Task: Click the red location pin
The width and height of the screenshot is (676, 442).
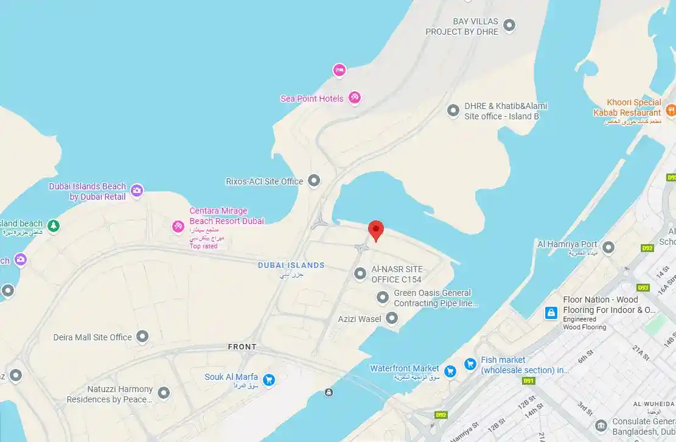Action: coord(377,230)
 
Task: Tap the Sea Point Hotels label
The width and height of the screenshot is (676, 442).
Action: coord(312,99)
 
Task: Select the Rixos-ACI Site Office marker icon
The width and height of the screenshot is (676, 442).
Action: coord(314,180)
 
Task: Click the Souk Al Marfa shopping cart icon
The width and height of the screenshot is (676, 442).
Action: coord(269,380)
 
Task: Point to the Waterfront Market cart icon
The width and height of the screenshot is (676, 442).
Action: coord(450,371)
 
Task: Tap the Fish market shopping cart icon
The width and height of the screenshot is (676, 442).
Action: coord(470,364)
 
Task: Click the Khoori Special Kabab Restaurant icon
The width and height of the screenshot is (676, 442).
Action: coord(671,110)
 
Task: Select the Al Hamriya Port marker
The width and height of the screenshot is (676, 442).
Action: coord(608,247)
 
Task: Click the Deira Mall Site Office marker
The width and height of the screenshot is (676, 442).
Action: coord(142,336)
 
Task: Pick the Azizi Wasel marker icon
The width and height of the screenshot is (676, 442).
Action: coord(392,318)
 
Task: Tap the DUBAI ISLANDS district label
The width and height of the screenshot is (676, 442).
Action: coord(291,265)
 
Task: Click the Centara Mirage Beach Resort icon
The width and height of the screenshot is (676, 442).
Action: coord(178,227)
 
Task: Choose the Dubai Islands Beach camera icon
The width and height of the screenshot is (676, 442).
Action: coord(137,191)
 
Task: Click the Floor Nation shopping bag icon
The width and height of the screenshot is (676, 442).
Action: coord(551,313)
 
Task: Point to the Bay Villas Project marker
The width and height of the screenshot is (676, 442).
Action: coord(510,25)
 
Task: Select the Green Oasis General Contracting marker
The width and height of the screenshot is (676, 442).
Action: coord(383,297)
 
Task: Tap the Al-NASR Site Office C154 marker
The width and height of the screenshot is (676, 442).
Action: coord(360,274)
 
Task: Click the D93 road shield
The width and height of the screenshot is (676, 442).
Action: coord(643,287)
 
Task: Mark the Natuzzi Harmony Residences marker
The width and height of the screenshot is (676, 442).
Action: coord(163,393)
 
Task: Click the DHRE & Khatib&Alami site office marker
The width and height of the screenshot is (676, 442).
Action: coord(453,110)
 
